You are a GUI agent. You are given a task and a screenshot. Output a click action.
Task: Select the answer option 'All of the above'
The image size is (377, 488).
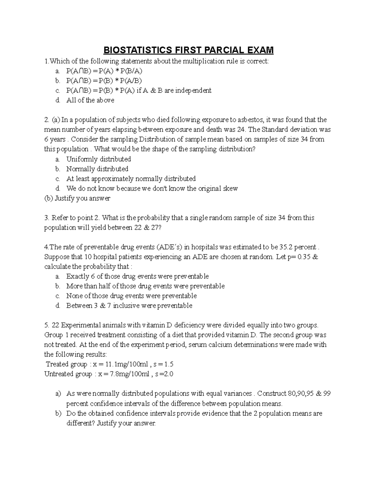click(x=90, y=100)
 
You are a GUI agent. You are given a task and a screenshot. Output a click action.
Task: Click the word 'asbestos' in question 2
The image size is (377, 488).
click(x=251, y=120)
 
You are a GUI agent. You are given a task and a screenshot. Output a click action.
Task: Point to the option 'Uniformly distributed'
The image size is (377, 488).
click(x=98, y=159)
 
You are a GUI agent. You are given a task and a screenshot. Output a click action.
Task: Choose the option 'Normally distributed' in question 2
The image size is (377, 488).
click(x=97, y=169)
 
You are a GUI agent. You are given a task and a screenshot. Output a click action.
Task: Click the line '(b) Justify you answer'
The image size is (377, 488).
click(x=77, y=198)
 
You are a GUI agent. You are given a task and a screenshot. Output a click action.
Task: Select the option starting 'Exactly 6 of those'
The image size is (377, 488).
click(x=137, y=276)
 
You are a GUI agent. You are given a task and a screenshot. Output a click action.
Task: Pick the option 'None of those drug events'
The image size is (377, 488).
click(x=131, y=296)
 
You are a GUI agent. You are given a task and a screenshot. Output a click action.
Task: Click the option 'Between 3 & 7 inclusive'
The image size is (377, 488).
click(x=129, y=305)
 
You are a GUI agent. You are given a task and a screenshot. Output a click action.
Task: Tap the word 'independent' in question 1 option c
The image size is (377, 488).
click(x=193, y=90)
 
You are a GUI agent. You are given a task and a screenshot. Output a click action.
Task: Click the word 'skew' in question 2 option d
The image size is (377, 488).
click(x=230, y=189)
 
